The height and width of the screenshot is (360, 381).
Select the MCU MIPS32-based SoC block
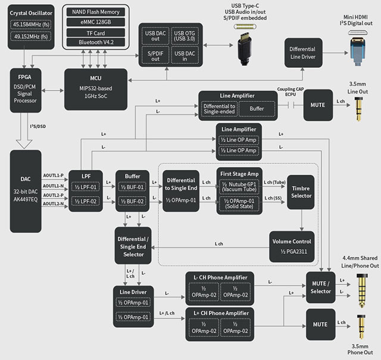[x=95, y=89]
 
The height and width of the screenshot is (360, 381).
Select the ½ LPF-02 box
[x=89, y=202]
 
